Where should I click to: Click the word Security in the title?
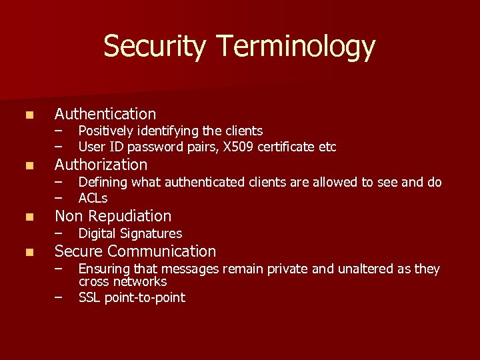pyautogui.click(x=155, y=47)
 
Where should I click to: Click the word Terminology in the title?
pyautogui.click(x=295, y=47)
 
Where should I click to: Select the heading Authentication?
pyautogui.click(x=105, y=114)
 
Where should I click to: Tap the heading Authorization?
pyautogui.click(x=101, y=164)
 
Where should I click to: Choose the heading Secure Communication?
pyautogui.click(x=135, y=251)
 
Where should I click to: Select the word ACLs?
pyautogui.click(x=93, y=198)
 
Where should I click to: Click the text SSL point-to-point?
pyautogui.click(x=132, y=297)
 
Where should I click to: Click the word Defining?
pyautogui.click(x=103, y=182)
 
